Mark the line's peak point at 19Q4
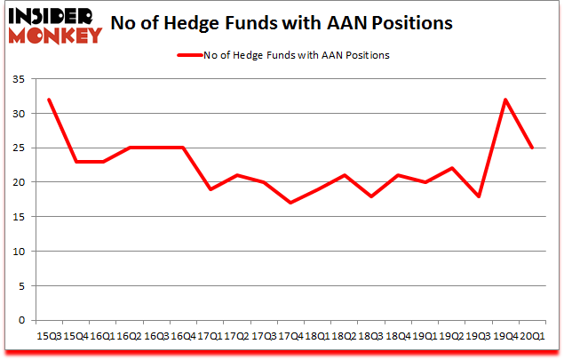[x=505, y=100]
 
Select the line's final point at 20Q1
[x=531, y=148]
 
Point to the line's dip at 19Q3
[x=480, y=196]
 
